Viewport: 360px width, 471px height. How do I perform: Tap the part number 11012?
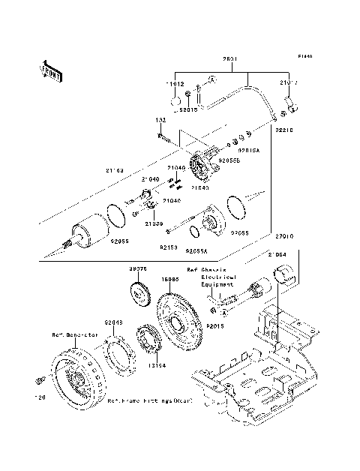coord(174,85)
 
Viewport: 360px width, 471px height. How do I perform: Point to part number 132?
coord(160,121)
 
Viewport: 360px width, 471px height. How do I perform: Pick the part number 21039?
coord(154,223)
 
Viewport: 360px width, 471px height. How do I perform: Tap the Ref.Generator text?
coord(76,334)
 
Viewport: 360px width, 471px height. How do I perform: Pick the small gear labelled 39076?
coord(139,292)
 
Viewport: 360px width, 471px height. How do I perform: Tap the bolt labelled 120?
coord(37,382)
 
